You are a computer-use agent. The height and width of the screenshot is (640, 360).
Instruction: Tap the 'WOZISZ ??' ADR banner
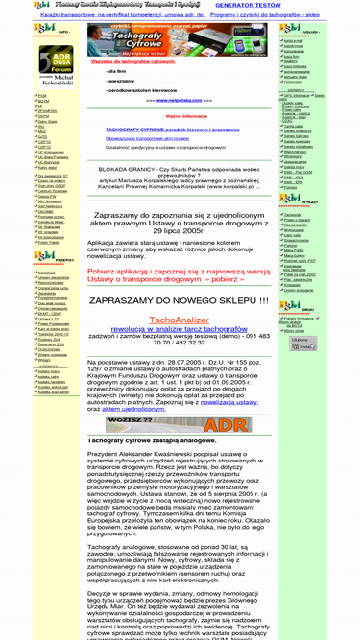click(x=179, y=423)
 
